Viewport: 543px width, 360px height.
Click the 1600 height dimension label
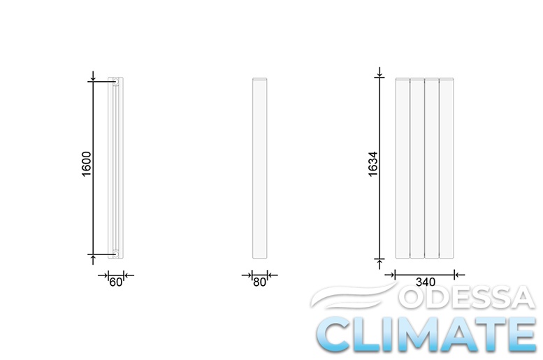[x=86, y=164]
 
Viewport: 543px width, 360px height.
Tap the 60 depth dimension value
[x=116, y=282]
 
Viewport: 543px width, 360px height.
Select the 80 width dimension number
[x=259, y=282]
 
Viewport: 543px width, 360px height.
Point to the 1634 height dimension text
[x=373, y=164]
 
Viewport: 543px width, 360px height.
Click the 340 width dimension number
[x=426, y=282]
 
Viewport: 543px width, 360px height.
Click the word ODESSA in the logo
[x=467, y=298]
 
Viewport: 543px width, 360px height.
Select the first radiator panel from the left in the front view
[x=403, y=168]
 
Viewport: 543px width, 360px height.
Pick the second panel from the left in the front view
[x=417, y=168]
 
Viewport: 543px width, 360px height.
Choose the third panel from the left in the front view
[x=432, y=168]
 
